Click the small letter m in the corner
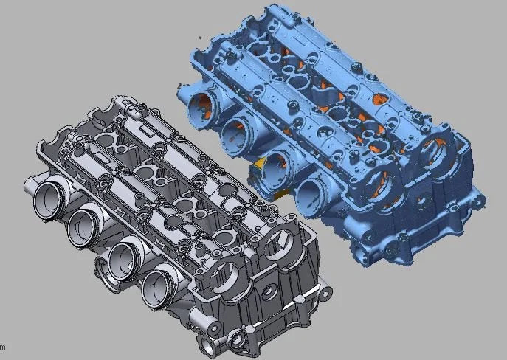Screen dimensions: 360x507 pyautogui.click(x=2, y=346)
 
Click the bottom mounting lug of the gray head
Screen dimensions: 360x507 pyautogui.click(x=236, y=341)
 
